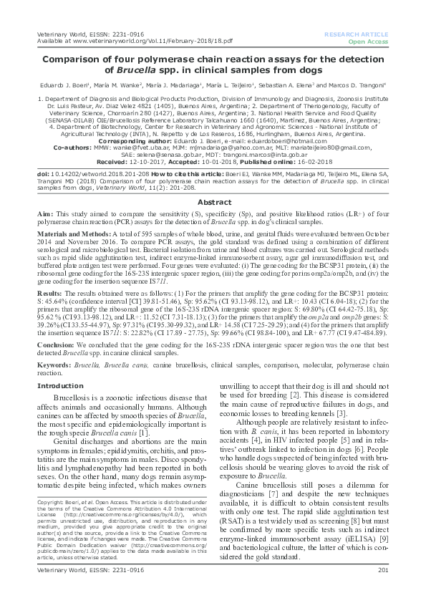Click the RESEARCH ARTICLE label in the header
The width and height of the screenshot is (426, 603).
(x=356, y=34)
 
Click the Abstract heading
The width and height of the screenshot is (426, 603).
(x=213, y=203)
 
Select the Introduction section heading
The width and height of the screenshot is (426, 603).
(x=59, y=385)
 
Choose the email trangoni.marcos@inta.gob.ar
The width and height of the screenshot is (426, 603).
(x=258, y=153)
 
